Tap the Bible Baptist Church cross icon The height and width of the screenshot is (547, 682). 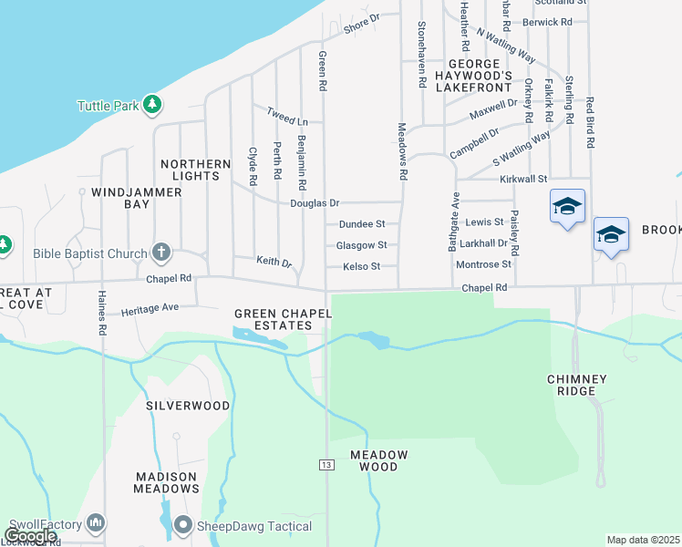[x=160, y=253]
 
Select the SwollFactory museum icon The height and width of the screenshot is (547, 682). [x=97, y=522]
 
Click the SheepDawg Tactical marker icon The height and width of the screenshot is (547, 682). [x=183, y=524]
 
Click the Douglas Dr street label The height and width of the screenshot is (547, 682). [x=315, y=203]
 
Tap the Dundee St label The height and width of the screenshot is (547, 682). [x=362, y=223]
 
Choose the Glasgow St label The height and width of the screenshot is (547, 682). [x=361, y=245]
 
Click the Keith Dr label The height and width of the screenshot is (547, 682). [x=273, y=262]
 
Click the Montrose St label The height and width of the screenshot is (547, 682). [x=483, y=264]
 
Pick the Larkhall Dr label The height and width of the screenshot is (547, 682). [x=483, y=243]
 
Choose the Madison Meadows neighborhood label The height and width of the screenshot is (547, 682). [x=167, y=482]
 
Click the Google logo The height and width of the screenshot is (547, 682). [x=30, y=535]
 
